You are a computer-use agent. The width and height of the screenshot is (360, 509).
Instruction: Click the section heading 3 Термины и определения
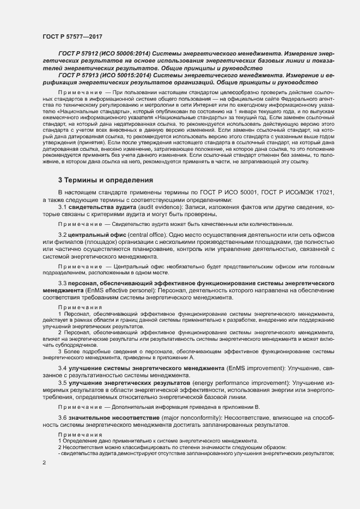click(106, 180)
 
